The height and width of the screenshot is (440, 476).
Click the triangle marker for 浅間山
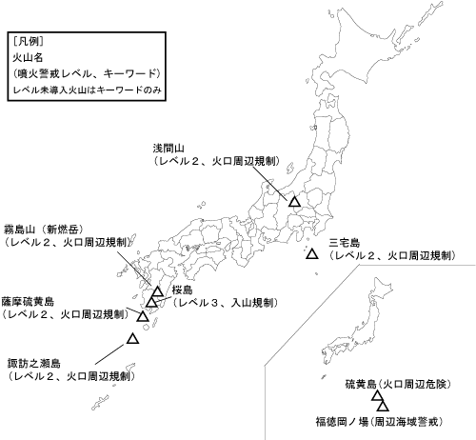click(x=295, y=202)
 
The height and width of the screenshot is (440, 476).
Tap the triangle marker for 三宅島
click(x=311, y=254)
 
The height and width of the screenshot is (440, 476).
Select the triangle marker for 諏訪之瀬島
click(x=133, y=338)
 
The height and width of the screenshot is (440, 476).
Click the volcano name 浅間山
click(x=171, y=149)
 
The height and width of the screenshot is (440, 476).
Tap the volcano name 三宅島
click(x=344, y=242)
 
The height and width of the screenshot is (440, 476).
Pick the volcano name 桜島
click(x=183, y=289)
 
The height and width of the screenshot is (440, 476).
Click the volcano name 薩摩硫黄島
click(x=29, y=298)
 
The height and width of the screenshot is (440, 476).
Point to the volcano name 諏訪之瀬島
click(x=32, y=364)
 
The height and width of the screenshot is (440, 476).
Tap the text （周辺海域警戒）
click(x=416, y=419)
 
